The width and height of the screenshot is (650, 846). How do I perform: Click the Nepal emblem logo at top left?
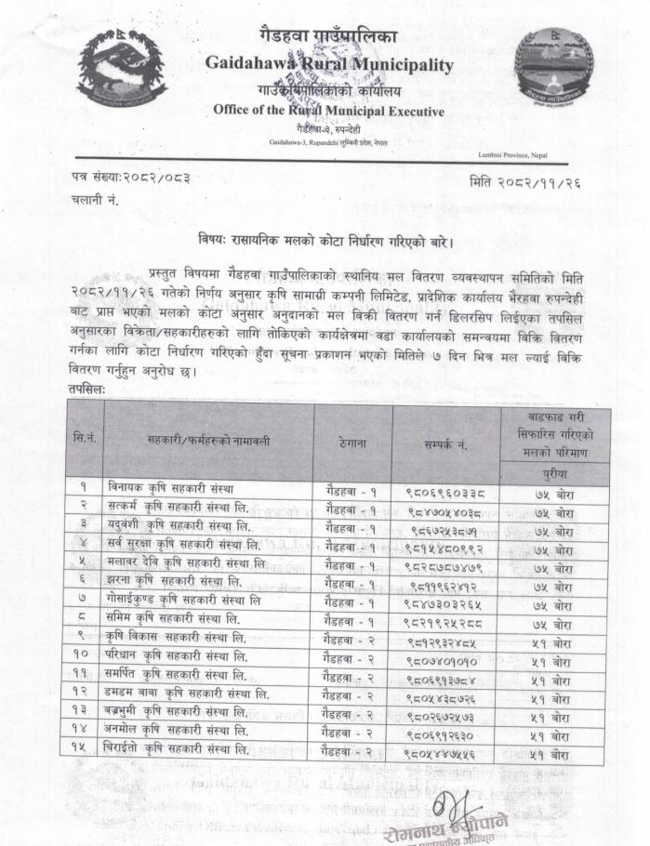coord(122,67)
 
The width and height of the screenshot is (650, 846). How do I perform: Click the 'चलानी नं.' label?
coord(95,200)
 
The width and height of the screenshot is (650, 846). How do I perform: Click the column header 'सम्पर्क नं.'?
coord(444,444)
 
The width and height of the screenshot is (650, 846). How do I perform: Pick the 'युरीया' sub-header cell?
coord(553,473)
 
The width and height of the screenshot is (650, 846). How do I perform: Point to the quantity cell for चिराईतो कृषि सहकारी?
coord(553,754)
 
